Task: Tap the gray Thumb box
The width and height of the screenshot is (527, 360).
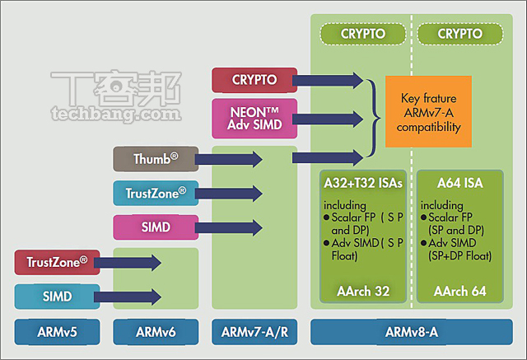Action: click(x=156, y=158)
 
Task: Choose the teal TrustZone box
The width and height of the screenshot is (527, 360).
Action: click(x=156, y=193)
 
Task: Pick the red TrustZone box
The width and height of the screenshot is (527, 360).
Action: click(x=57, y=263)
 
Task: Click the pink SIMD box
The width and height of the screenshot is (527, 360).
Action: click(x=156, y=227)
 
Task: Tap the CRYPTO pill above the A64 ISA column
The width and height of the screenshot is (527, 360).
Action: click(x=461, y=34)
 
